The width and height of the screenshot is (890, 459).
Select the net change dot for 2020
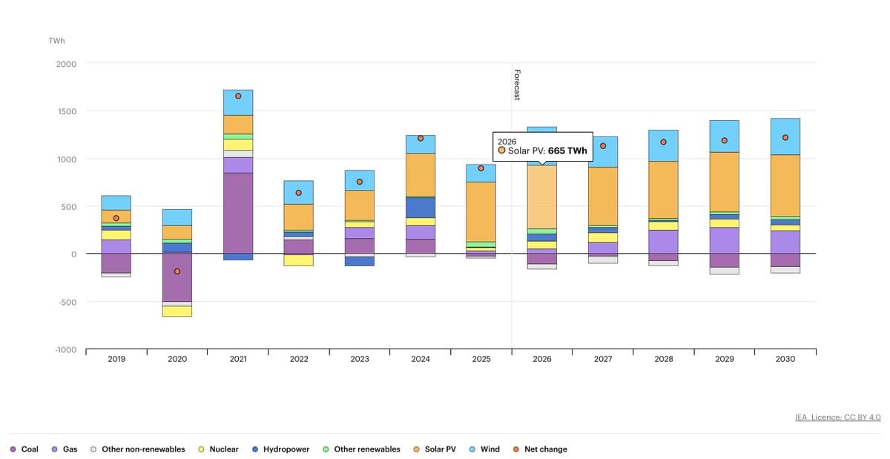177,271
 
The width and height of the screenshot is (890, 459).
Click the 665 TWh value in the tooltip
567,151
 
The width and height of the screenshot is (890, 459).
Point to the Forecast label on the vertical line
517,85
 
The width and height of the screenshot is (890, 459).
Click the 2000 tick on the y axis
66,64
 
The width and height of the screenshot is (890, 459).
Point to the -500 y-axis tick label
65,302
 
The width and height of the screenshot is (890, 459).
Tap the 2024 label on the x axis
421,359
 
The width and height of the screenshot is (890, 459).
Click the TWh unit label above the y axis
56,41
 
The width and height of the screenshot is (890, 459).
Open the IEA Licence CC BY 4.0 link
837,417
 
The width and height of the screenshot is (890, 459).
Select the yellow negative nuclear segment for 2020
177,311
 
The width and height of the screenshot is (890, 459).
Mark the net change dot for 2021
238,96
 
